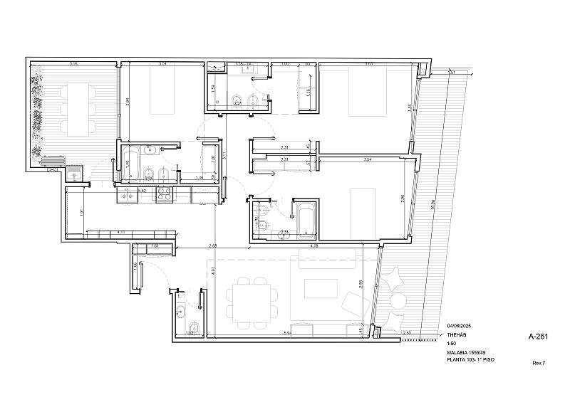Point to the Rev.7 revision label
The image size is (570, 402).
(539, 363)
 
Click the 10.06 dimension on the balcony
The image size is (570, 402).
(432, 207)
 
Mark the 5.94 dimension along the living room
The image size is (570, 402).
(288, 333)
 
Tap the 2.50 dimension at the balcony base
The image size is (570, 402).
(406, 333)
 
